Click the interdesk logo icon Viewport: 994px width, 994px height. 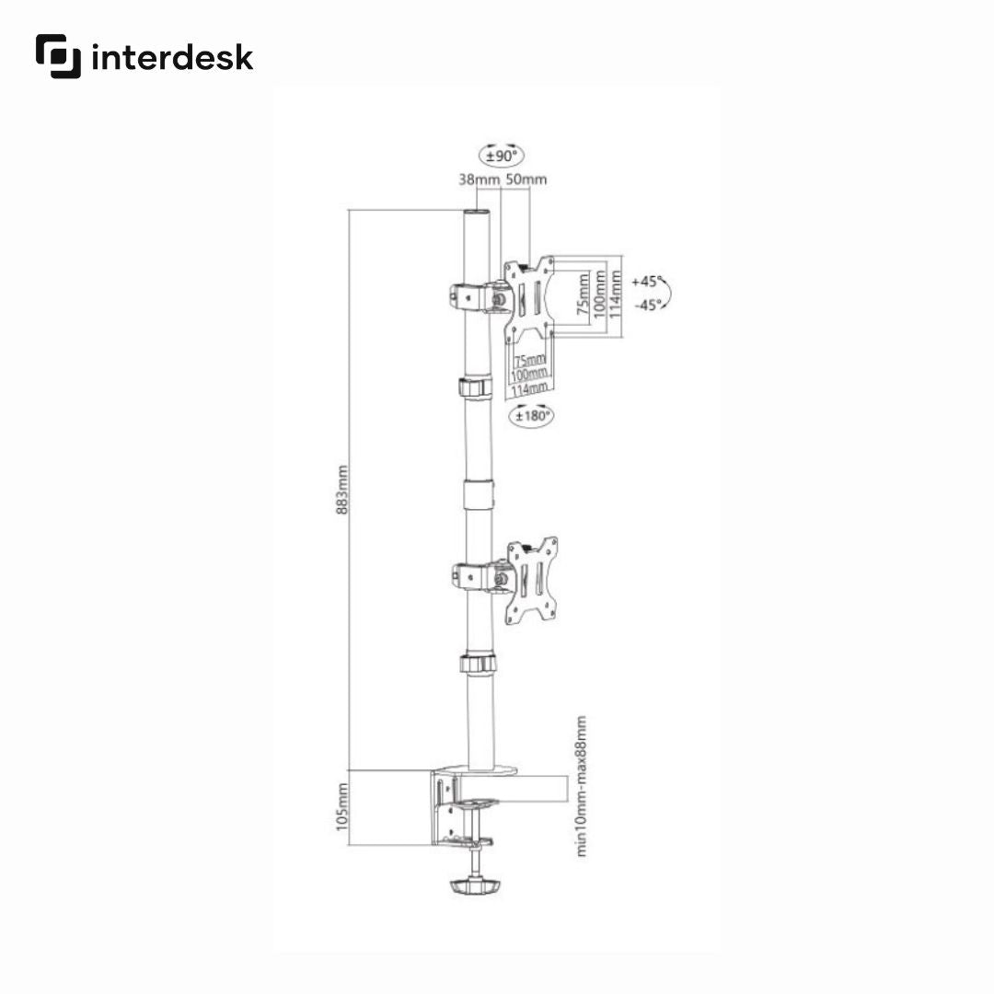(58, 56)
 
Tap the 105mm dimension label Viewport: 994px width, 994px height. (342, 807)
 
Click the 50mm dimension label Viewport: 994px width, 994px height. (526, 179)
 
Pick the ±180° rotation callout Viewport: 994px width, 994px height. (532, 416)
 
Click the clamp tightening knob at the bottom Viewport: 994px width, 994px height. (476, 887)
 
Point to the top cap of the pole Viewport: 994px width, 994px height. (477, 214)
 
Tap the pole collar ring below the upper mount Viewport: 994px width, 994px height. (476, 386)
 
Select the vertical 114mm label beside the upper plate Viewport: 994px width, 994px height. (615, 294)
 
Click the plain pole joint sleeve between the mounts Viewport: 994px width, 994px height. (477, 493)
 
